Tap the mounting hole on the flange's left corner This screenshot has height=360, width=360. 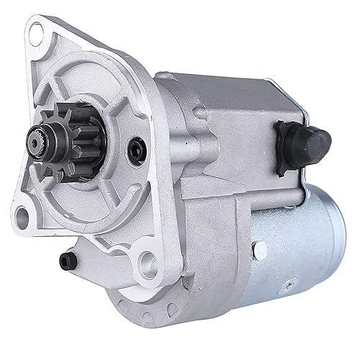22,213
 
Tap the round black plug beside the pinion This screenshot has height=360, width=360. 135,150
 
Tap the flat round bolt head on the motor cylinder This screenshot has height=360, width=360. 260,250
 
